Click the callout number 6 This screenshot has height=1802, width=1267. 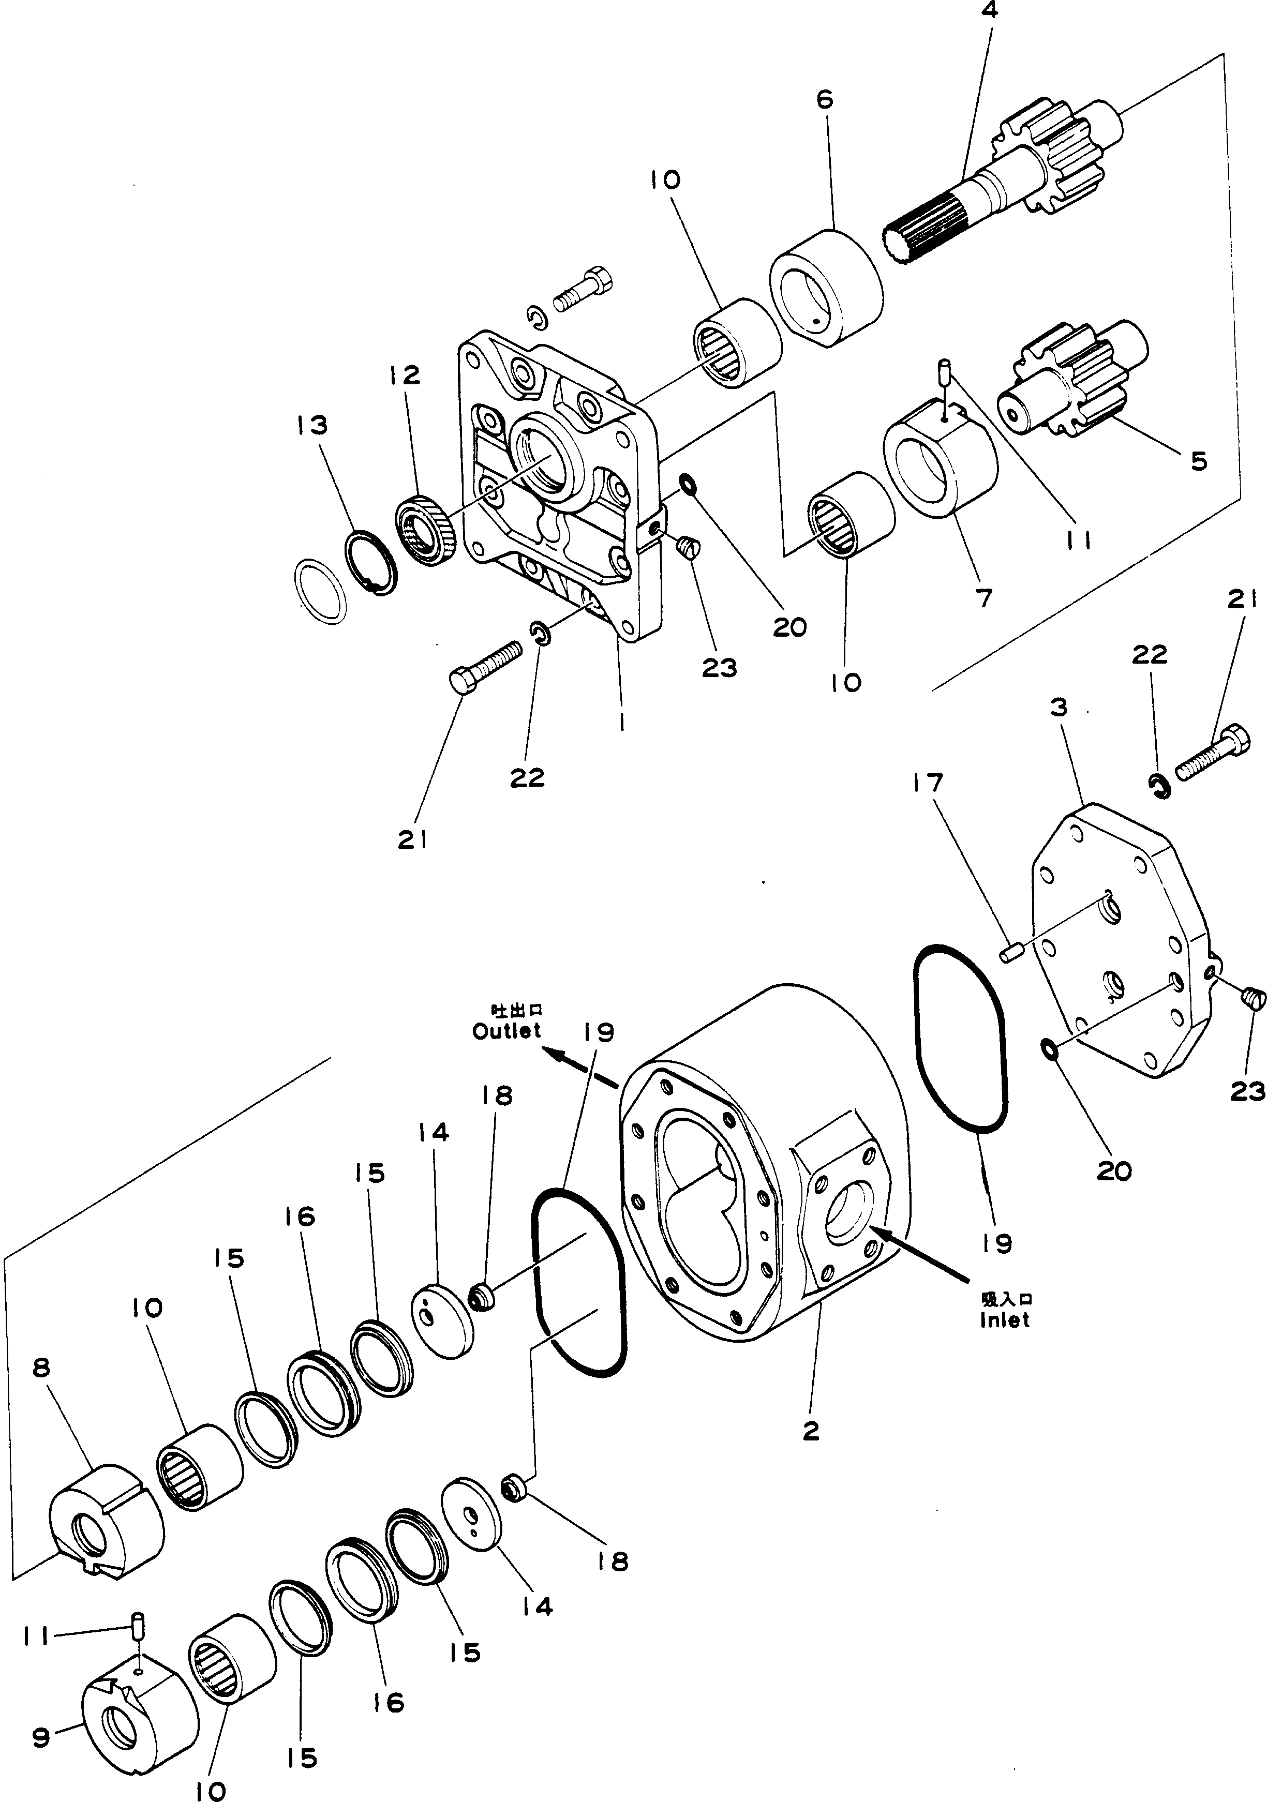pos(824,100)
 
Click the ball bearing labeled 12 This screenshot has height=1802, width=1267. pos(424,530)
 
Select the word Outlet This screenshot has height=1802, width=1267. pos(507,1031)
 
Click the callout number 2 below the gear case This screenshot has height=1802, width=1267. pos(811,1431)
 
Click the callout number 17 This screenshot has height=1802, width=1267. pos(927,783)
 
